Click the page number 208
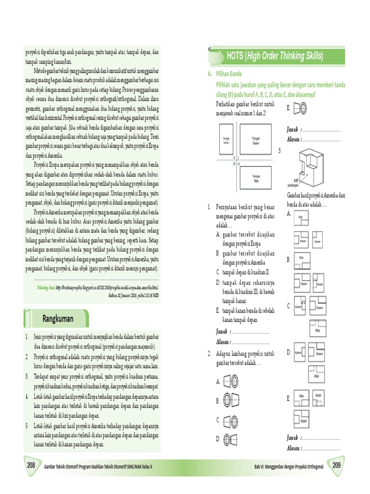[x=31, y=466]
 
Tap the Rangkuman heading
[x=58, y=319]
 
